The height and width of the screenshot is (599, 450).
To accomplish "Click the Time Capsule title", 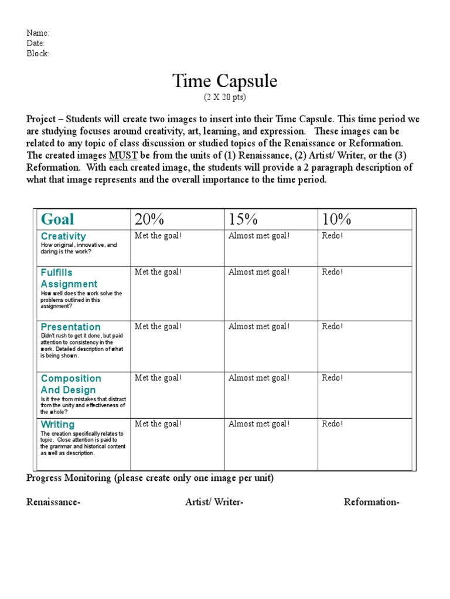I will pos(224,81).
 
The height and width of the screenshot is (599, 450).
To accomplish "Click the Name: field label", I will pos(38,33).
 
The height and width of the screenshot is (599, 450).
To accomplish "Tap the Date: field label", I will pos(36,43).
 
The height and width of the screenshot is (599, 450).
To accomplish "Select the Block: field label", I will pos(38,53).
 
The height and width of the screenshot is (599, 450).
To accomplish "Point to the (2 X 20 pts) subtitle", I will pos(224,96).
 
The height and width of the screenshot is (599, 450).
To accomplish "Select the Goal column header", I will pos(57,219).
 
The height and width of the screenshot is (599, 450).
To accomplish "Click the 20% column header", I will pos(149,219).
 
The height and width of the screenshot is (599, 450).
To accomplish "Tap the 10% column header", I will pos(336,219).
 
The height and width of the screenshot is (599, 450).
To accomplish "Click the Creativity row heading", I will pos(63,236).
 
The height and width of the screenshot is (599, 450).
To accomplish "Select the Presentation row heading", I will pos(70,327).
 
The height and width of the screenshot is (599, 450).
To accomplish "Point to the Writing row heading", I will pos(57,425).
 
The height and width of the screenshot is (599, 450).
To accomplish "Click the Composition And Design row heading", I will pos(70,384).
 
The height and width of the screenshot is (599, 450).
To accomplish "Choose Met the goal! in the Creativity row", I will pos(158,236).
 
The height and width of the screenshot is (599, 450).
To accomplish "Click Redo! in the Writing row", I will pos(332,424).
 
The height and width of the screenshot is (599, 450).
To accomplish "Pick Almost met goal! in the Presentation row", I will pos(258,326).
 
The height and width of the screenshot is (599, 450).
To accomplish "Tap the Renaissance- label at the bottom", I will pos(54,502).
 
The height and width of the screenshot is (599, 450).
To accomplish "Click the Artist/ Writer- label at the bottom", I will pos(214,502).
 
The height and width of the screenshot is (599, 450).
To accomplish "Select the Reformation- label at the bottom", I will pos(371,502).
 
